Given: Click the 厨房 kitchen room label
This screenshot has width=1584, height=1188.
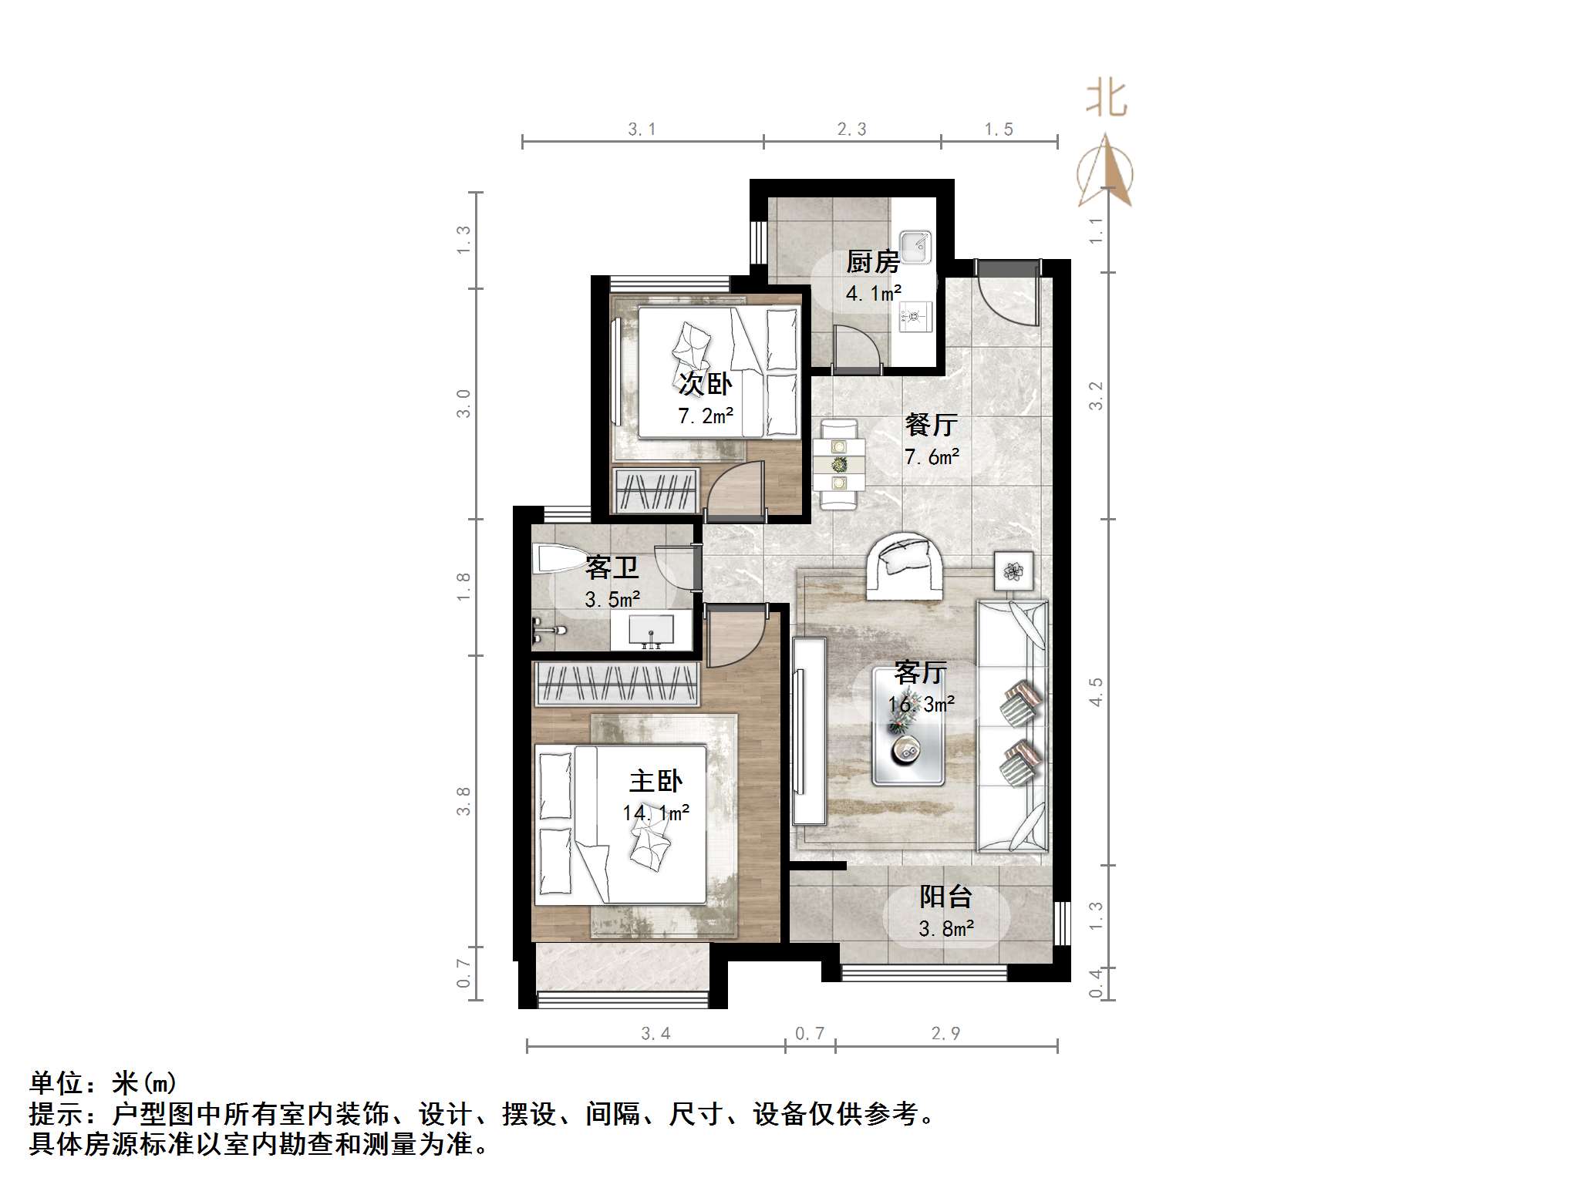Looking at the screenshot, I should coord(872,262).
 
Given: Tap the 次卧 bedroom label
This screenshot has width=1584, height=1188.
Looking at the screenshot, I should coord(705,384).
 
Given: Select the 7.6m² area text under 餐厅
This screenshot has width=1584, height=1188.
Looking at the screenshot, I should coord(932,456).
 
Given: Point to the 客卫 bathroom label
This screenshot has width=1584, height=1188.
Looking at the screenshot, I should coord(612,567).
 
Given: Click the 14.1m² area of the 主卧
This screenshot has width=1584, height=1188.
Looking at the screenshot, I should coord(656,813).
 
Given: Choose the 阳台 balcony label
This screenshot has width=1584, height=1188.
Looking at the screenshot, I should coord(945,897).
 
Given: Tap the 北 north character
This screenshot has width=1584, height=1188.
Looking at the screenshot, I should coord(1106,99).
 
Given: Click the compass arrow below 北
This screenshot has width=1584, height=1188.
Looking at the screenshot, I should coord(1106,173).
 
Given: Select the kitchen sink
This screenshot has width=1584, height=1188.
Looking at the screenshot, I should coord(916,247).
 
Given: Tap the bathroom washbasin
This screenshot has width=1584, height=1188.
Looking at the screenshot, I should coord(651,631).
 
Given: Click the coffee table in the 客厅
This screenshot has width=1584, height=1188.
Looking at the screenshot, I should coord(909,726).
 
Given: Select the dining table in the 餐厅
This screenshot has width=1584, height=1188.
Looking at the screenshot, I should coord(838,464).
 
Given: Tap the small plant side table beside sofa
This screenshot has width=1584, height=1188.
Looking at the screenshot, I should coord(1013,571).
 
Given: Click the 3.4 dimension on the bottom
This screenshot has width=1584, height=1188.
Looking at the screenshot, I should coord(656,1034).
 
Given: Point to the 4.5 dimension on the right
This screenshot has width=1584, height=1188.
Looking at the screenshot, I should coord(1096,692).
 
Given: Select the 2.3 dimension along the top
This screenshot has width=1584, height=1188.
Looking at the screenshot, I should coord(851,130).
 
